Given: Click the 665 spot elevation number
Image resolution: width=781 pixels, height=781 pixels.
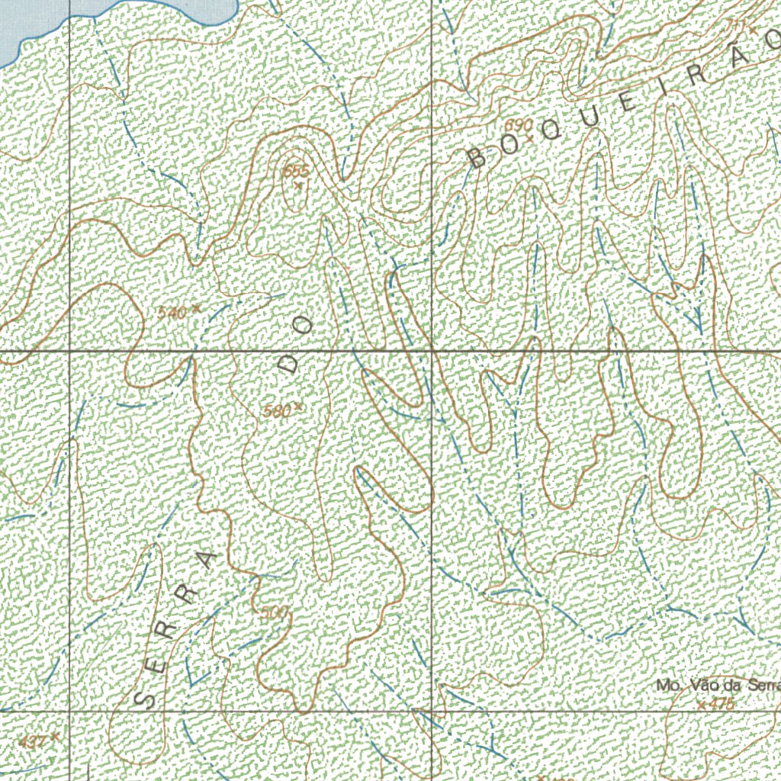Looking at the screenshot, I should click(x=295, y=171).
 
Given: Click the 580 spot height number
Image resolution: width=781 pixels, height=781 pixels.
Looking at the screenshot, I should click(x=277, y=411).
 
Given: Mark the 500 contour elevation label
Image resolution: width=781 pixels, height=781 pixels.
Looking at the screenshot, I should click(x=274, y=613).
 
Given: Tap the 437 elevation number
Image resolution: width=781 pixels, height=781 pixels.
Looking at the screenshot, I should click(x=34, y=741).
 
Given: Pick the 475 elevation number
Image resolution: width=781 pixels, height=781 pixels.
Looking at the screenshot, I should click(x=721, y=704).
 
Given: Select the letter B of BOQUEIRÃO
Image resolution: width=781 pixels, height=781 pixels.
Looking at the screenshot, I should click(x=477, y=158).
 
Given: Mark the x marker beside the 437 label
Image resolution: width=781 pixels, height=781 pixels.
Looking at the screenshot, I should click(x=56, y=738).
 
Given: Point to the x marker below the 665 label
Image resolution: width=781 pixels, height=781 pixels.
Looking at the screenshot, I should click(x=298, y=184).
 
